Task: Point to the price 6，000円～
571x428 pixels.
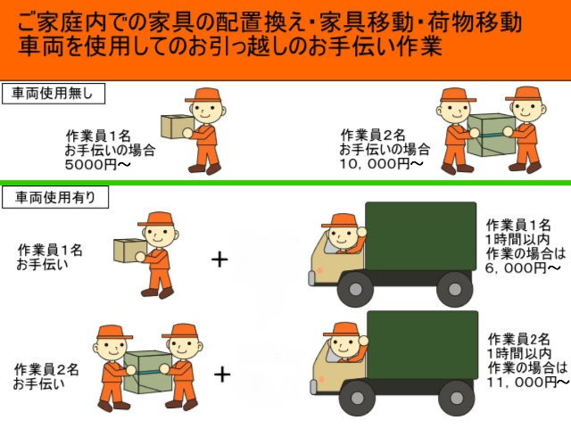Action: click(522, 267)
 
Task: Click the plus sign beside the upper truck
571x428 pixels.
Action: click(219, 259)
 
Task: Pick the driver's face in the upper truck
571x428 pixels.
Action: click(342, 239)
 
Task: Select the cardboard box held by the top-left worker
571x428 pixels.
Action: click(176, 126)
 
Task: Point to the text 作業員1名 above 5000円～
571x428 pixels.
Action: click(98, 136)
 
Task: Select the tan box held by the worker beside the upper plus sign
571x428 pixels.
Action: click(128, 251)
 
